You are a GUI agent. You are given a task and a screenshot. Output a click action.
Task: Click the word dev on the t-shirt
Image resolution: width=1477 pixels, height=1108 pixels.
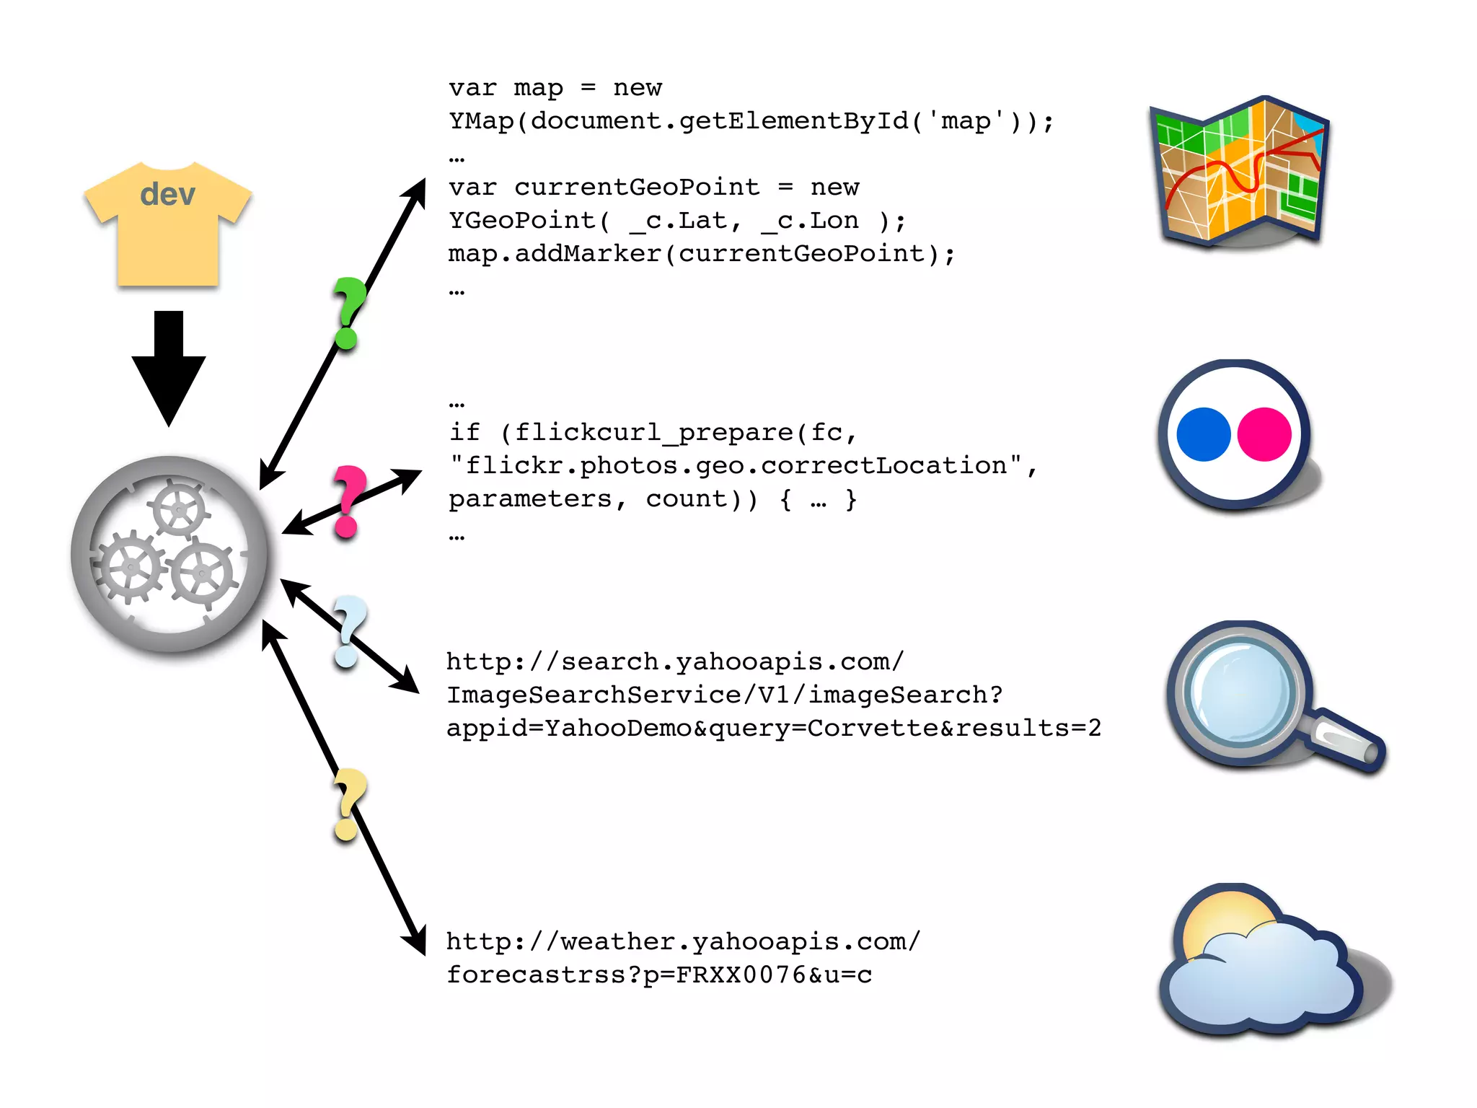point(167,195)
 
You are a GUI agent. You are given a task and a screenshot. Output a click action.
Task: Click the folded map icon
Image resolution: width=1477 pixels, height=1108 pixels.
point(1239,172)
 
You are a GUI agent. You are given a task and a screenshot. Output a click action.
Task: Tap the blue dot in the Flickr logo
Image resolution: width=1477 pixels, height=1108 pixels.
point(1203,434)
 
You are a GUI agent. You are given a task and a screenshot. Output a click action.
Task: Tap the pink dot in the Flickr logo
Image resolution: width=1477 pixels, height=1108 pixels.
point(1264,434)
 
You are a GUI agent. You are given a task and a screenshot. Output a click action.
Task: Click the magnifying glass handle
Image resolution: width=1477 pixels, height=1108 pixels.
point(1347,743)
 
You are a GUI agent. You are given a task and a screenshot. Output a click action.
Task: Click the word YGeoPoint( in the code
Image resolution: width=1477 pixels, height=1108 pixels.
point(530,220)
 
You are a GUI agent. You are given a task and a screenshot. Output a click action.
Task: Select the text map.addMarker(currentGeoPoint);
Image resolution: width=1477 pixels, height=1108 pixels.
point(701,254)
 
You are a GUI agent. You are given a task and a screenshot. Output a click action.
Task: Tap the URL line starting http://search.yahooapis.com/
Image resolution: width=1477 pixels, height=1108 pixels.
point(674,661)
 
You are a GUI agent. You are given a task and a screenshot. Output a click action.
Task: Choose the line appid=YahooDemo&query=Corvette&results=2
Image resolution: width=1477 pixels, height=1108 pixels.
point(773,728)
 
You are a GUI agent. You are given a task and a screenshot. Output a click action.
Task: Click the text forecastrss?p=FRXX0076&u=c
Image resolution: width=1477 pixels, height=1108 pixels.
point(659,975)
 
